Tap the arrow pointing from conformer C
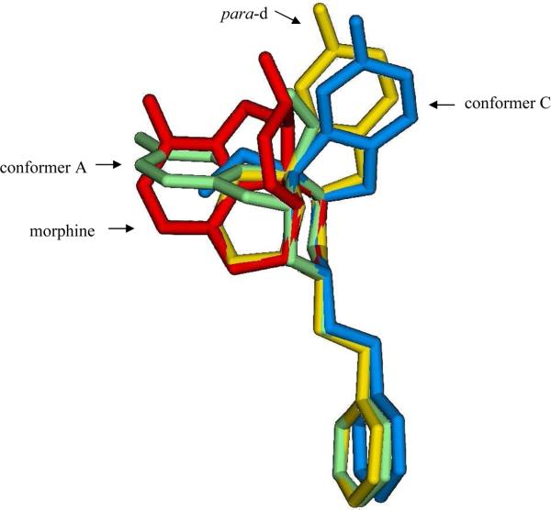[443, 105]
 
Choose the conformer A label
[46, 166]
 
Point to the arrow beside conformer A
[110, 166]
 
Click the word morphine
[61, 231]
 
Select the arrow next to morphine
[122, 229]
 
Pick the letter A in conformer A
[85, 166]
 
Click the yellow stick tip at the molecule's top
[320, 11]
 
